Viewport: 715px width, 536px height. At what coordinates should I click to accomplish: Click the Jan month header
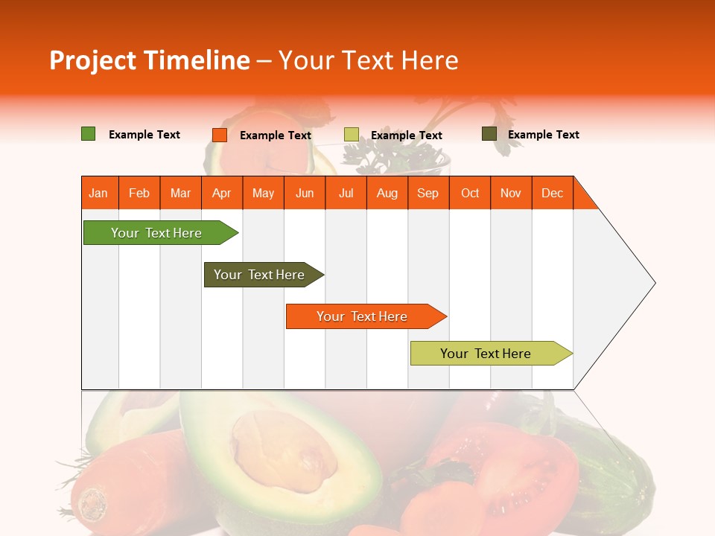click(99, 193)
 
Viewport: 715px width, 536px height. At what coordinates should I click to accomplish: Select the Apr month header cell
click(222, 193)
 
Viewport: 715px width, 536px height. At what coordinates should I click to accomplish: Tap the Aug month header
click(387, 193)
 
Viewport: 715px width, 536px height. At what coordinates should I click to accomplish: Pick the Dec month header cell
click(553, 193)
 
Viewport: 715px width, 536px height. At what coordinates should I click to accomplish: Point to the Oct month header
click(470, 193)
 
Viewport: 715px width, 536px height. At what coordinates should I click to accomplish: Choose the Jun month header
click(305, 193)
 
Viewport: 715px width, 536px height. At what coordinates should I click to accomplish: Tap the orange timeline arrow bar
click(363, 316)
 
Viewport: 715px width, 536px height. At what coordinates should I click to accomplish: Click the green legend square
click(89, 134)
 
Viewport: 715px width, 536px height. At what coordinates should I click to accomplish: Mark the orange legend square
click(220, 135)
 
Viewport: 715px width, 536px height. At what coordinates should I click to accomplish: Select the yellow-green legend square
click(352, 135)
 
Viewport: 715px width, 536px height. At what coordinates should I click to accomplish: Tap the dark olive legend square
click(489, 134)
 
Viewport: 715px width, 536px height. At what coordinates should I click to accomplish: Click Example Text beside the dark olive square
click(543, 135)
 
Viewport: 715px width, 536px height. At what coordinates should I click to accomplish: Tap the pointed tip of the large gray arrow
click(654, 282)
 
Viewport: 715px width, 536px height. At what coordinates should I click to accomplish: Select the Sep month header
click(428, 193)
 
